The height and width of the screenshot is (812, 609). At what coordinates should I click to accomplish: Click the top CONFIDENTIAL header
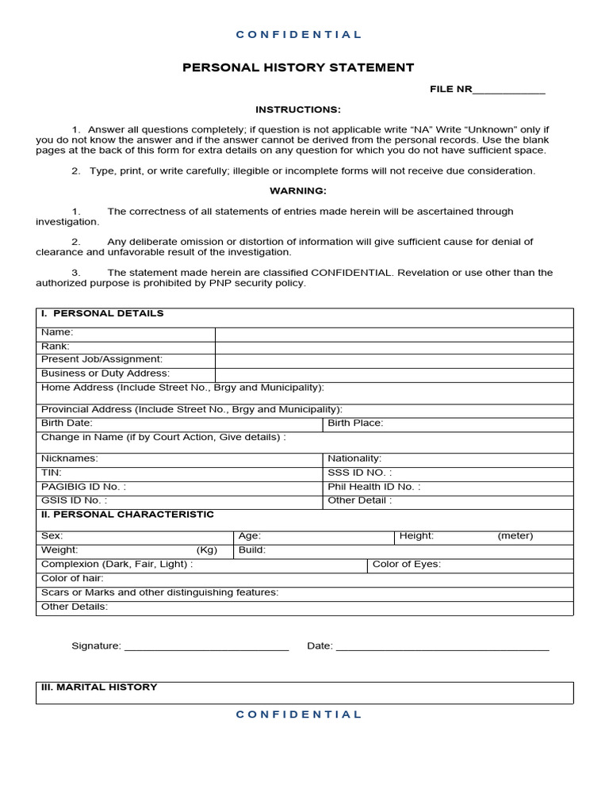click(x=298, y=35)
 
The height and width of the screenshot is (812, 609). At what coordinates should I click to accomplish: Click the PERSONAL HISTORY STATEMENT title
click(x=298, y=67)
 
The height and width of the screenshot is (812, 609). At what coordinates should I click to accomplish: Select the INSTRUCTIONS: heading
click(x=298, y=109)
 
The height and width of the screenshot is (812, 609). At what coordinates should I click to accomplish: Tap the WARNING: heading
click(x=298, y=191)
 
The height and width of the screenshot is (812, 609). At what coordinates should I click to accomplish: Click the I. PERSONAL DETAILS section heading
click(x=102, y=313)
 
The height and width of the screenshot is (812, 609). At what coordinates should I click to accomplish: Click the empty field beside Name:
click(x=393, y=332)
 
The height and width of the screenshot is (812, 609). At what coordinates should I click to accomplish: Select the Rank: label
click(x=56, y=346)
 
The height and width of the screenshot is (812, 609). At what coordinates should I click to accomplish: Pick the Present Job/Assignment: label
click(x=101, y=359)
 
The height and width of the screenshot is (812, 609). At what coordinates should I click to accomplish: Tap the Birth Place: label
click(x=355, y=423)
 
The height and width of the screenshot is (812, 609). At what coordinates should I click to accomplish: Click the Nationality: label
click(x=354, y=458)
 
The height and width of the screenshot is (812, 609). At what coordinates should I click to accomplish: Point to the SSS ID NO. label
click(x=360, y=473)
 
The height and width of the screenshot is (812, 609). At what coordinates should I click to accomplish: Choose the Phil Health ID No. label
click(x=374, y=487)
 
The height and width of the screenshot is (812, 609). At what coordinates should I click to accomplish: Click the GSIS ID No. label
click(x=74, y=500)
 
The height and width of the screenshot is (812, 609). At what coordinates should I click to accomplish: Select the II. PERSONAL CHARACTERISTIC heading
click(x=128, y=515)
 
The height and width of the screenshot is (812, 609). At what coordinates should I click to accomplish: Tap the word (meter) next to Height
click(x=515, y=536)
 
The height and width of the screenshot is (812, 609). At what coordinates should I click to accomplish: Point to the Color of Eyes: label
click(x=406, y=565)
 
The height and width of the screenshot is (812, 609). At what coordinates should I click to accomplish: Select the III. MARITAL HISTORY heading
click(x=99, y=687)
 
